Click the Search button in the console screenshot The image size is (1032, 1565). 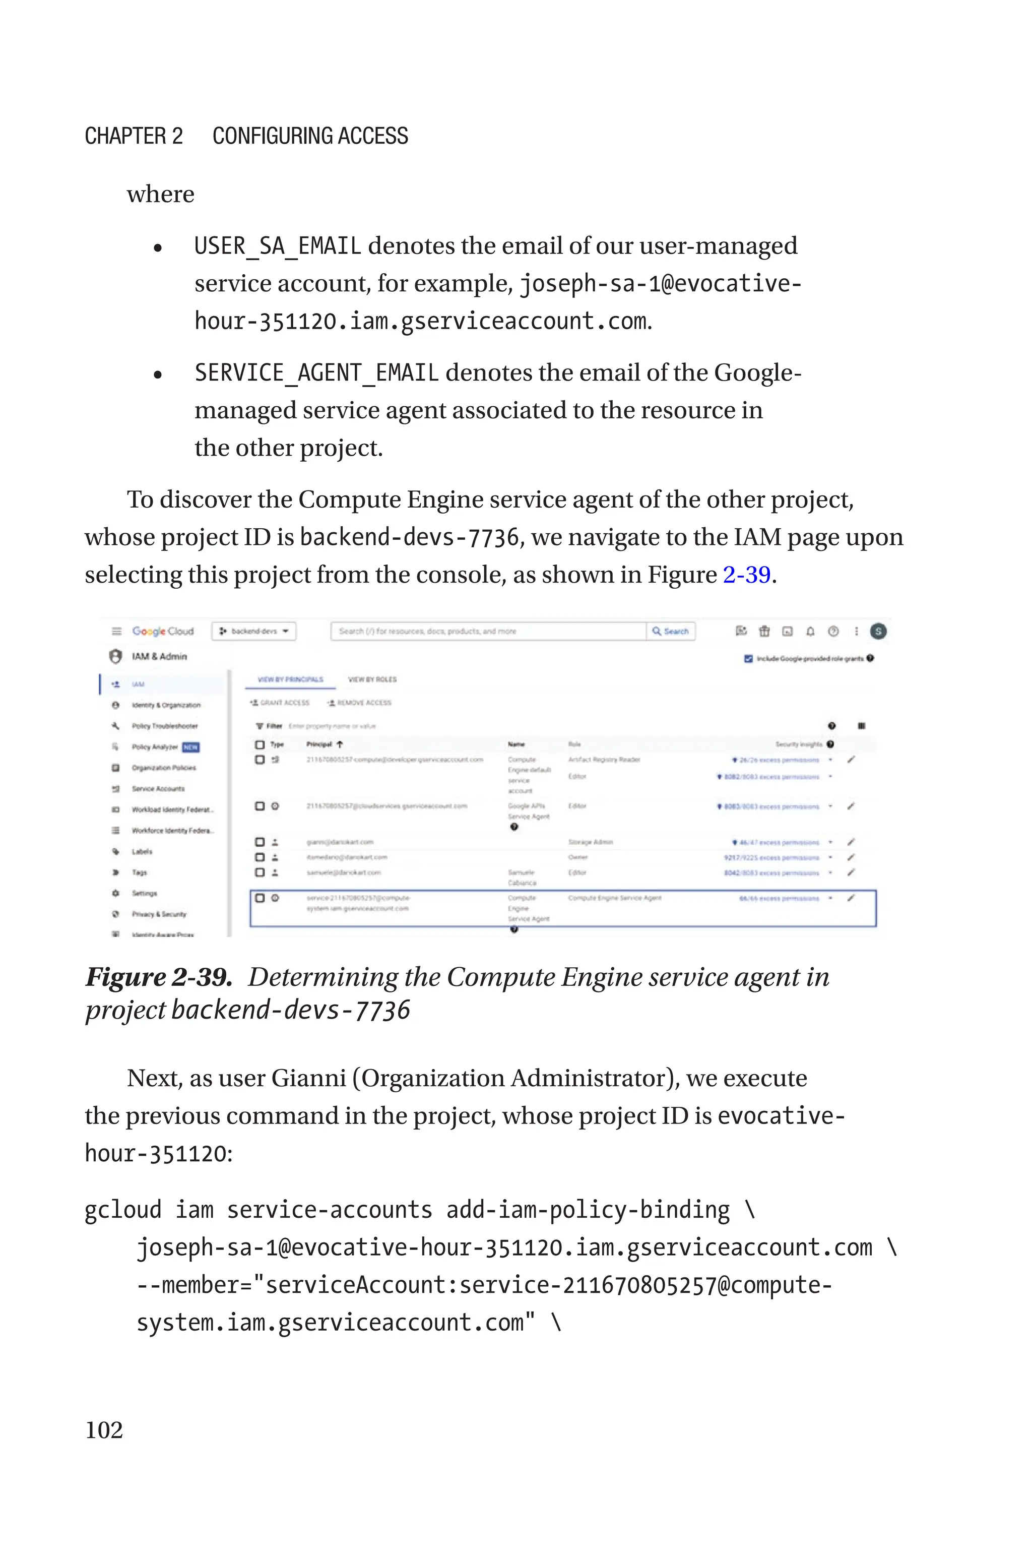coord(671,631)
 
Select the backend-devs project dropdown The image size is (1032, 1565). coord(254,631)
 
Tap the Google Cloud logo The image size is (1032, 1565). coord(163,631)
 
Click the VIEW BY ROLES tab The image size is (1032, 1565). coord(372,679)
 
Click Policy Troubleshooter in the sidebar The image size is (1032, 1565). coord(165,726)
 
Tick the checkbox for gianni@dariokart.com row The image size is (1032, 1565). coord(260,842)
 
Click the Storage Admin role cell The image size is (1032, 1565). coord(591,842)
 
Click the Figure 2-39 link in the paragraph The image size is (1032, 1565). coord(746,575)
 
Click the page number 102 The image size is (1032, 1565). coord(104,1429)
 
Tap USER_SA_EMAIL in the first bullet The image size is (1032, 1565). coord(277,245)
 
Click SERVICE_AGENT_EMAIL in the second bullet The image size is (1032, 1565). coord(316,372)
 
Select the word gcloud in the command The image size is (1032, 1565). coord(123,1210)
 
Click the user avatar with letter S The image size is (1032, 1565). coord(878,631)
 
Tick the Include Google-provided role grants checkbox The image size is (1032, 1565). coord(748,658)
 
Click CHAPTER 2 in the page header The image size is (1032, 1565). coord(134,136)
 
